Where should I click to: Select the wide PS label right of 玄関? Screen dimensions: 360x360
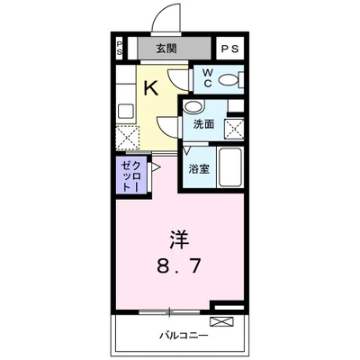229,49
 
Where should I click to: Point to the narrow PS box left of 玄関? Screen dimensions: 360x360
120,49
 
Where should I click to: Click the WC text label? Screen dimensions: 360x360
206,79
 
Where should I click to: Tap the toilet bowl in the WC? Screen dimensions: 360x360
229,79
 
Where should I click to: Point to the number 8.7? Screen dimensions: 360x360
179,267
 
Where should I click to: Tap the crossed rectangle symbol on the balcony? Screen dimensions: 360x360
220,320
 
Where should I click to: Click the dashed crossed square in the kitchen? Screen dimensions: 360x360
127,137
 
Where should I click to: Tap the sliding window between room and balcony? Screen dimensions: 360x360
170,311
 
